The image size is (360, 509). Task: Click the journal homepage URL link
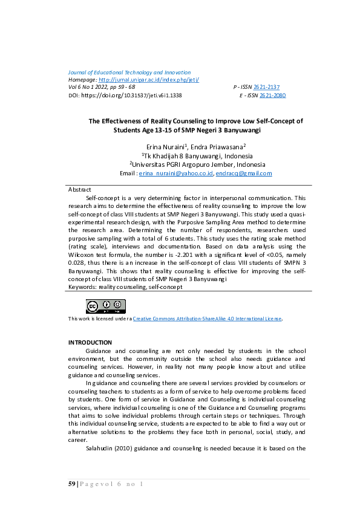point(148,80)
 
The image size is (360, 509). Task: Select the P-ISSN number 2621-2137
point(266,88)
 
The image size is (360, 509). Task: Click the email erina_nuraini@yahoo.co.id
point(176,173)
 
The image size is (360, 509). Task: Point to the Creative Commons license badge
point(105,306)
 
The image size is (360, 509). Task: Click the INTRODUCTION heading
point(90,343)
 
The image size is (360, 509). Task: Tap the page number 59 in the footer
point(72,485)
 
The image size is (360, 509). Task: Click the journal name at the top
point(129,73)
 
